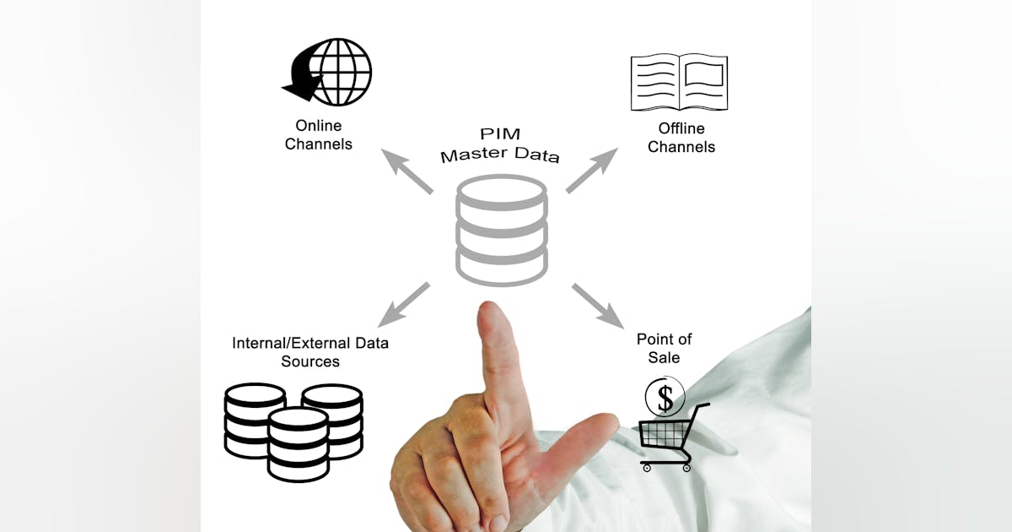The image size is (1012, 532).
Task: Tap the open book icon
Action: [x=679, y=82]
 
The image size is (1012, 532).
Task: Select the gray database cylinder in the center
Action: [x=502, y=230]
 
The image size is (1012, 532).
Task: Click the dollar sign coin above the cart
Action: [x=665, y=396]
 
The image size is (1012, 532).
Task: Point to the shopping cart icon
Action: [x=670, y=437]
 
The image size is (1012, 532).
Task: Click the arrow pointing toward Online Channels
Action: [x=406, y=171]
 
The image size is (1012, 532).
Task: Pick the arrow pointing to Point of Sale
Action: [x=598, y=305]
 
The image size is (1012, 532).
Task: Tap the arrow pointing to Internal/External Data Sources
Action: [x=404, y=305]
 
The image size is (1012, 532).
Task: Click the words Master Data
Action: [x=500, y=155]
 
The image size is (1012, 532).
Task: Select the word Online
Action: [x=318, y=126]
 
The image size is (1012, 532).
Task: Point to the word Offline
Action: [x=681, y=128]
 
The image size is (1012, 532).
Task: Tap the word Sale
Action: [x=664, y=357]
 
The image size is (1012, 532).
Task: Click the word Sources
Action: [x=310, y=361]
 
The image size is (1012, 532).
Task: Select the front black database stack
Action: [x=298, y=443]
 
